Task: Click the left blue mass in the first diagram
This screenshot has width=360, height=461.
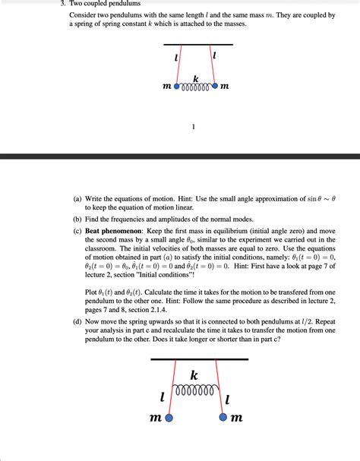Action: [178, 86]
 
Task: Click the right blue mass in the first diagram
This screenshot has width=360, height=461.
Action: [215, 86]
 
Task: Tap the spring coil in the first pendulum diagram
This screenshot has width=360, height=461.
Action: [196, 86]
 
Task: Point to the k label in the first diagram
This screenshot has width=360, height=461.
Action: [196, 77]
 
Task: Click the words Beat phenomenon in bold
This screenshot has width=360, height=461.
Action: [115, 229]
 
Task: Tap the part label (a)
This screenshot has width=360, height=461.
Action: [77, 199]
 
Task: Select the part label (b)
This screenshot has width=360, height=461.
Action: [77, 218]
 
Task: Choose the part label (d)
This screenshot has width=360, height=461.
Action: [77, 320]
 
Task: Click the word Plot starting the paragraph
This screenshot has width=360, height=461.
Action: [93, 292]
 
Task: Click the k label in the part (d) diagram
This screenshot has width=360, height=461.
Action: [194, 375]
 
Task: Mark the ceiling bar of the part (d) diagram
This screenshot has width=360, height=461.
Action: [199, 358]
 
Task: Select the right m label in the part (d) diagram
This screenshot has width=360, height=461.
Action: [238, 418]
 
